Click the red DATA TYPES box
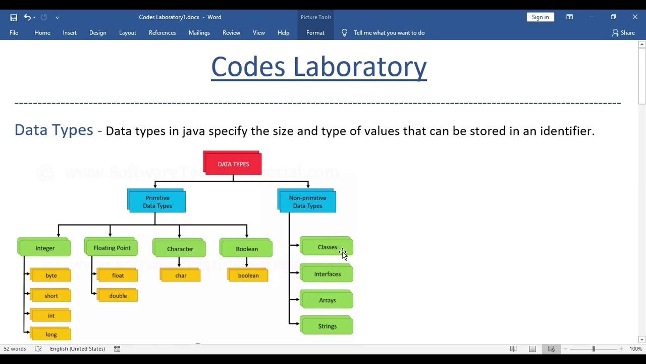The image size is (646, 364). pyautogui.click(x=233, y=163)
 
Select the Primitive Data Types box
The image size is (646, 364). pyautogui.click(x=157, y=201)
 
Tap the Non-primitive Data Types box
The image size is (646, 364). pyautogui.click(x=307, y=201)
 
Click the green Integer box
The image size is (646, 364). pyautogui.click(x=44, y=248)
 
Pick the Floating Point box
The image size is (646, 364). pyautogui.click(x=112, y=248)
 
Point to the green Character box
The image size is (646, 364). pyautogui.click(x=180, y=248)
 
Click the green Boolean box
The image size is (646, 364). pyautogui.click(x=246, y=248)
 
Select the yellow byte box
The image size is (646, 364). pyautogui.click(x=50, y=275)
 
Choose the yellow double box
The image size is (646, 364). pyautogui.click(x=118, y=295)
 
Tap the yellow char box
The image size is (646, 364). pyautogui.click(x=181, y=275)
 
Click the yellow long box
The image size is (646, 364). pyautogui.click(x=50, y=334)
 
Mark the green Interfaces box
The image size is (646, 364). pyautogui.click(x=327, y=274)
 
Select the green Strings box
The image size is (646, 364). pyautogui.click(x=327, y=326)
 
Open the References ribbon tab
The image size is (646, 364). pyautogui.click(x=162, y=32)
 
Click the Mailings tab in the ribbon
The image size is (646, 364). pyautogui.click(x=199, y=32)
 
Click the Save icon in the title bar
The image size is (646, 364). pyautogui.click(x=14, y=17)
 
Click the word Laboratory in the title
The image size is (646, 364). pyautogui.click(x=360, y=67)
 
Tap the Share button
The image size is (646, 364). pyautogui.click(x=623, y=32)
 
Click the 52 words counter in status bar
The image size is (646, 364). pyautogui.click(x=15, y=349)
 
